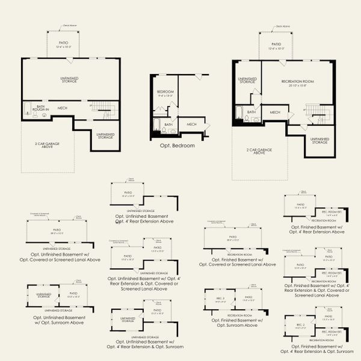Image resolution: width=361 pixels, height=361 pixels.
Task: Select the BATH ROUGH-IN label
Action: pos(41,108)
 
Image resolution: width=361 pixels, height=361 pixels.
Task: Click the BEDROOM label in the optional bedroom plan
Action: pos(165,92)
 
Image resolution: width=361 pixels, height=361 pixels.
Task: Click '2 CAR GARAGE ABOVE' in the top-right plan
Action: pos(259,152)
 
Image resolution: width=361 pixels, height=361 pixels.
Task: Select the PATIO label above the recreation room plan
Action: pos(276,45)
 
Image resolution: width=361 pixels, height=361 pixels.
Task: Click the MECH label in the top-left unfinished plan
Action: pos(62,108)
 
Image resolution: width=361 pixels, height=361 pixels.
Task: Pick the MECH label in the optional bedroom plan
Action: pos(191,125)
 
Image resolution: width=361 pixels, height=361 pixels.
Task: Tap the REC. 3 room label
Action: pos(220,299)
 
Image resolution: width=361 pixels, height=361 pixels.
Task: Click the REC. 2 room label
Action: pos(301,324)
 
